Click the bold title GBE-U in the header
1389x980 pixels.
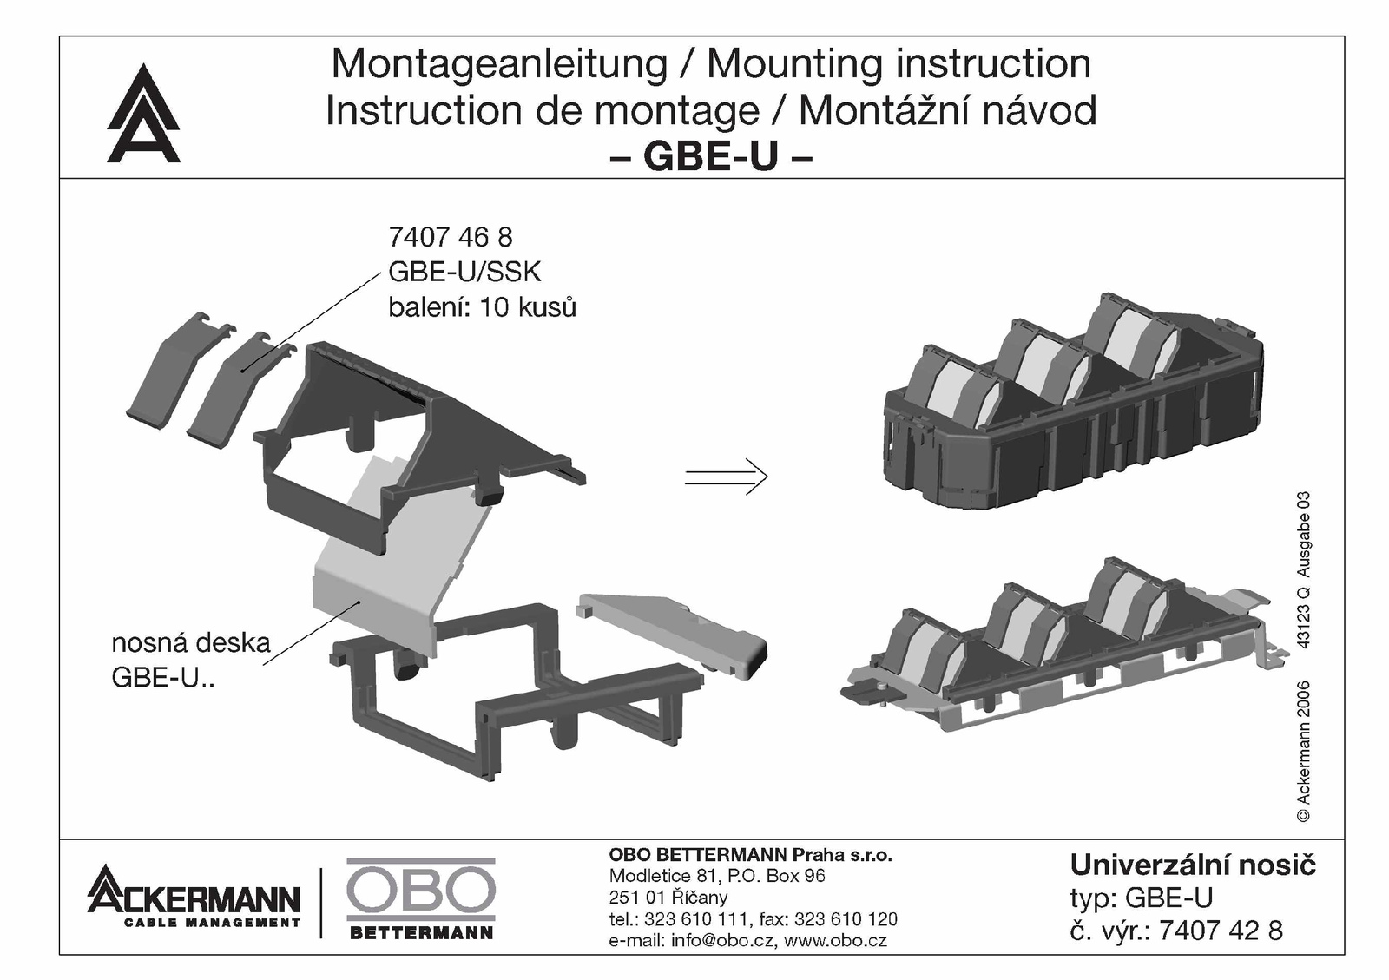tap(711, 156)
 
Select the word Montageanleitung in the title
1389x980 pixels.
tap(499, 64)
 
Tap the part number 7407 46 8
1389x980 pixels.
tap(451, 237)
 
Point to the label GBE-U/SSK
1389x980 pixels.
tap(464, 272)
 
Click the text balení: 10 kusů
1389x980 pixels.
tap(482, 306)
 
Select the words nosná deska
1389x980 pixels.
tap(191, 643)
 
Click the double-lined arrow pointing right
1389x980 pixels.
tap(726, 477)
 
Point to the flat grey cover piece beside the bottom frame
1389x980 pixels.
tap(672, 635)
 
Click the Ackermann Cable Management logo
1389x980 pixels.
tap(194, 897)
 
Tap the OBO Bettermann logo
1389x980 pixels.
tap(421, 898)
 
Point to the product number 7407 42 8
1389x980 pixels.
tap(1221, 931)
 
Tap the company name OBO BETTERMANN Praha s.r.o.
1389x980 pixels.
tap(750, 855)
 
